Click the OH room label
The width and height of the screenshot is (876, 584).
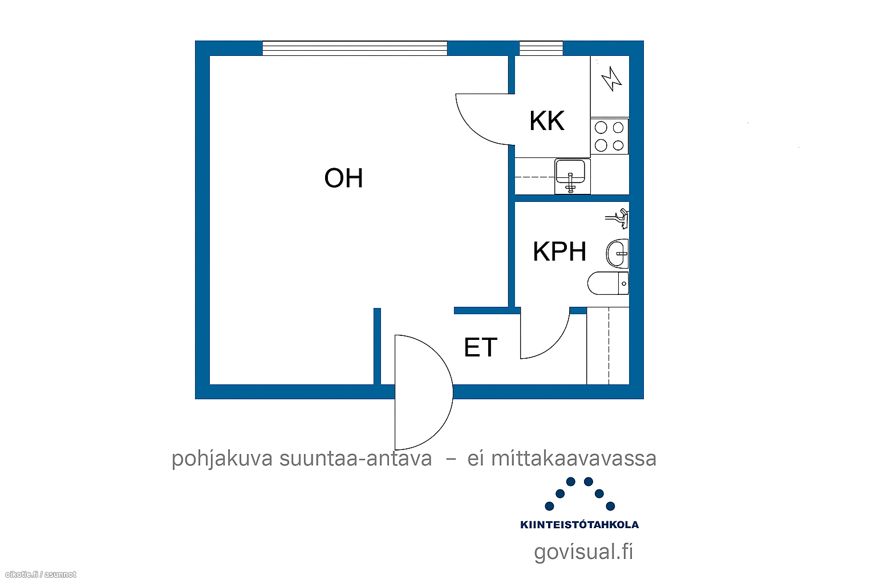343,178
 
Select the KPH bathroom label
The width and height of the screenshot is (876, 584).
559,251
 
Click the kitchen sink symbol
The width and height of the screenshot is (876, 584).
572,176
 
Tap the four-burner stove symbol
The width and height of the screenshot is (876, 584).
609,136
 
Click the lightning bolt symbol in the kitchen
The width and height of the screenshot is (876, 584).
611,79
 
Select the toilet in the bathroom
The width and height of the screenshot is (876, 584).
608,283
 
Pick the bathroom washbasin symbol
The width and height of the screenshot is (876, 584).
618,253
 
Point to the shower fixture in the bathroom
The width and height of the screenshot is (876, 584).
618,218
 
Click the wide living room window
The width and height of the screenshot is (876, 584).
355,48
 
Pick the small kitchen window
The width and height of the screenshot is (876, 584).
541,48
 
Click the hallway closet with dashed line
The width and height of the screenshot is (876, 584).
608,346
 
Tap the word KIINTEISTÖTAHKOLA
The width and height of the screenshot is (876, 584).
579,525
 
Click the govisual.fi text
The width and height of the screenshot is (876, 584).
583,552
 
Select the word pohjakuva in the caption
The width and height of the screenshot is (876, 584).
222,459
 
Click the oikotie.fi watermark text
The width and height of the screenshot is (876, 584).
40,574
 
